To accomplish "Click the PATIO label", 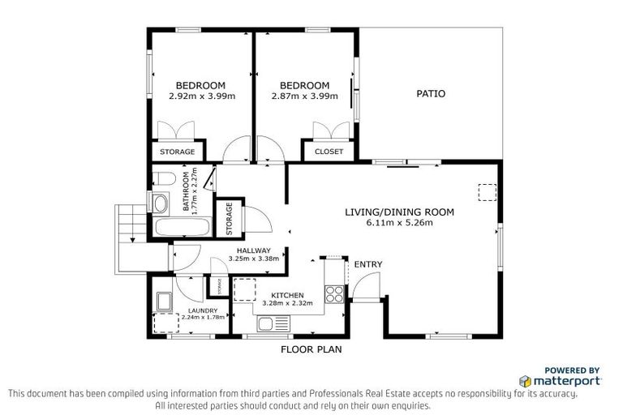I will click(430, 94).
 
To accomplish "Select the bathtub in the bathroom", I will click(174, 227).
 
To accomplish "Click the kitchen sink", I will click(267, 324).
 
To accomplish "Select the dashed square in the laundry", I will click(166, 323).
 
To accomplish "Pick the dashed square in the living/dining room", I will click(487, 192).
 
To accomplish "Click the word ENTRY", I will click(367, 264).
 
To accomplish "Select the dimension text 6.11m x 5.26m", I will click(399, 222).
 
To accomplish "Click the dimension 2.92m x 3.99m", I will click(201, 96).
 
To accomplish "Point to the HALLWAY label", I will click(254, 250).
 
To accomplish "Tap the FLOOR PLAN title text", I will click(311, 350).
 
